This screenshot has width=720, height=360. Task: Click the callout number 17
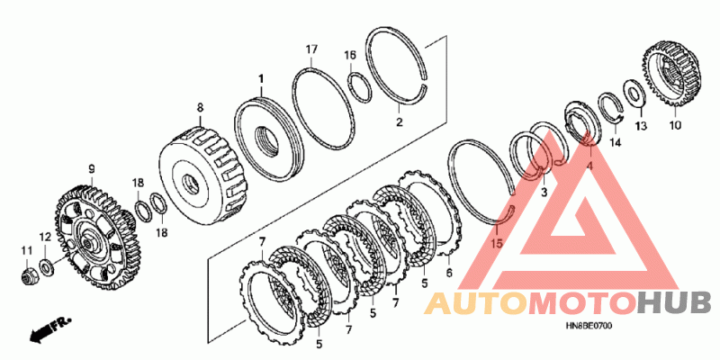click(311, 49)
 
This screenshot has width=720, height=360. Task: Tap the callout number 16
click(350, 56)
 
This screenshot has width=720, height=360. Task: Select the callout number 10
click(677, 125)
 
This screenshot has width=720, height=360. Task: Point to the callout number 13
click(641, 126)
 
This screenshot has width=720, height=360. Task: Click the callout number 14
click(616, 143)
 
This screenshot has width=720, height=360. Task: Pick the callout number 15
click(497, 242)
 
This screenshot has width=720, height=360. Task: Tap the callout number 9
click(92, 169)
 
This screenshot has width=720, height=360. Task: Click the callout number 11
click(27, 250)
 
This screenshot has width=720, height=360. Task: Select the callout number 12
click(45, 238)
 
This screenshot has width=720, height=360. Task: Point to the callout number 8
click(200, 107)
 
